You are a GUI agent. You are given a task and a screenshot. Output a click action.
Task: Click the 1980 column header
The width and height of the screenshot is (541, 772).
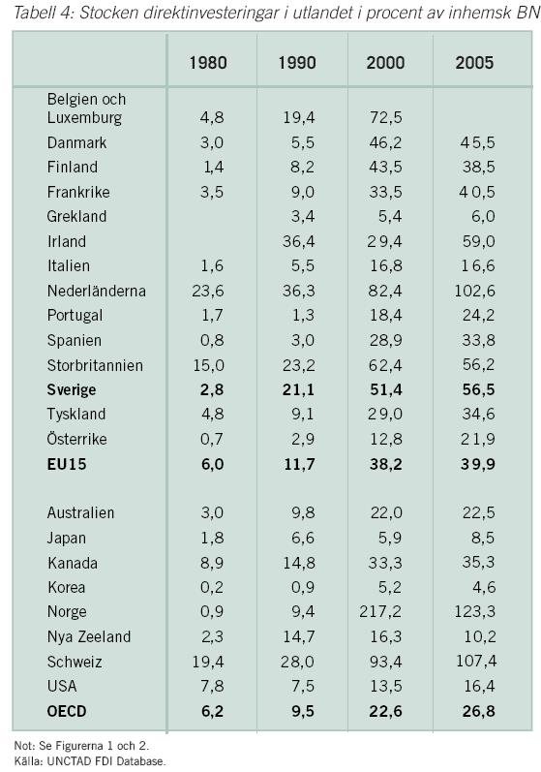click(x=208, y=63)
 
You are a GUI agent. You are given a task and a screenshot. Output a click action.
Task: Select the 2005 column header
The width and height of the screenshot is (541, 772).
click(x=474, y=63)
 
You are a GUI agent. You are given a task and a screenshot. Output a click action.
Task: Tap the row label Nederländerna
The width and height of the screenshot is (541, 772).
click(x=97, y=291)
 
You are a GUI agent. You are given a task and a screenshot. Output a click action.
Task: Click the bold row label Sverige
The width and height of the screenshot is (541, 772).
click(x=72, y=390)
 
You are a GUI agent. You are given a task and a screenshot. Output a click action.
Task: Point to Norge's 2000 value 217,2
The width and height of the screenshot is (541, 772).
click(x=380, y=611)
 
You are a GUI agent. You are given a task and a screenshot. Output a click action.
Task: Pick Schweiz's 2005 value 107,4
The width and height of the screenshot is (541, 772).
click(x=476, y=661)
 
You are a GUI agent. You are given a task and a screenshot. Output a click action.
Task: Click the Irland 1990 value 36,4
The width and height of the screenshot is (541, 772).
click(x=298, y=241)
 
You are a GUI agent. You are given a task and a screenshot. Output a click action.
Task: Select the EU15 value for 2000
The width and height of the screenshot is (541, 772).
click(x=385, y=464)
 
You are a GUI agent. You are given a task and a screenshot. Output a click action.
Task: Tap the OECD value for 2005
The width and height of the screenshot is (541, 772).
click(x=478, y=711)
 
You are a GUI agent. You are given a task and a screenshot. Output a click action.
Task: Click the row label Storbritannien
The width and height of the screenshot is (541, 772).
click(x=95, y=365)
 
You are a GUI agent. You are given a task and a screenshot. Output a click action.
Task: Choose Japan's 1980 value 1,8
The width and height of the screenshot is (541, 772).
click(x=212, y=538)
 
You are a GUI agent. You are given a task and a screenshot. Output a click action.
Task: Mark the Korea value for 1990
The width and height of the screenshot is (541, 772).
click(x=303, y=587)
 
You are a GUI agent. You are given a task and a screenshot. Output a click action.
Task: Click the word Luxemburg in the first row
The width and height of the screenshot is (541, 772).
click(x=84, y=117)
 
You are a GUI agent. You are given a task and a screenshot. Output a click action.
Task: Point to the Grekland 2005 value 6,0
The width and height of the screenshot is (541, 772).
click(x=483, y=216)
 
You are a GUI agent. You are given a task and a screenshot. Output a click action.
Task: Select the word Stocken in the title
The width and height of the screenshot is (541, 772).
click(x=109, y=12)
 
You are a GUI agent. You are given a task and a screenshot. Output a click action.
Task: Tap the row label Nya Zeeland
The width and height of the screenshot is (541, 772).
click(x=89, y=636)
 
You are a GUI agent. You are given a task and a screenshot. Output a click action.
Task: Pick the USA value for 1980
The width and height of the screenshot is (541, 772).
click(x=212, y=686)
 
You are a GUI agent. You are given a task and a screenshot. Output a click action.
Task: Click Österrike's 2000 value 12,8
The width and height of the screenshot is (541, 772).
click(x=385, y=439)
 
